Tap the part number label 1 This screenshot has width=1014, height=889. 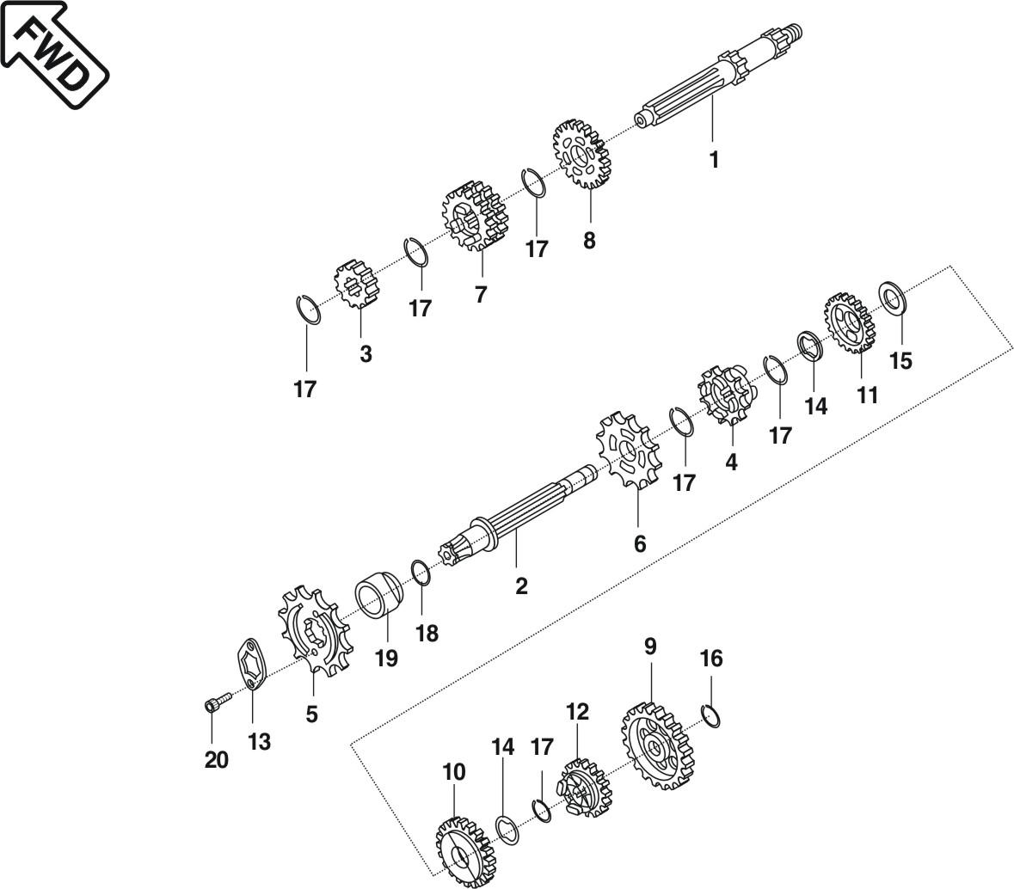[713, 160]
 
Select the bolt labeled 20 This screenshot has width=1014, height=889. [214, 704]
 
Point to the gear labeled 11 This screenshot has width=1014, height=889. [849, 326]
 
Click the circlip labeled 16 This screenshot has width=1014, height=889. [711, 715]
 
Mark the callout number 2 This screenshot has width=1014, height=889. [521, 586]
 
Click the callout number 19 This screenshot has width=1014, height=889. [386, 659]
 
